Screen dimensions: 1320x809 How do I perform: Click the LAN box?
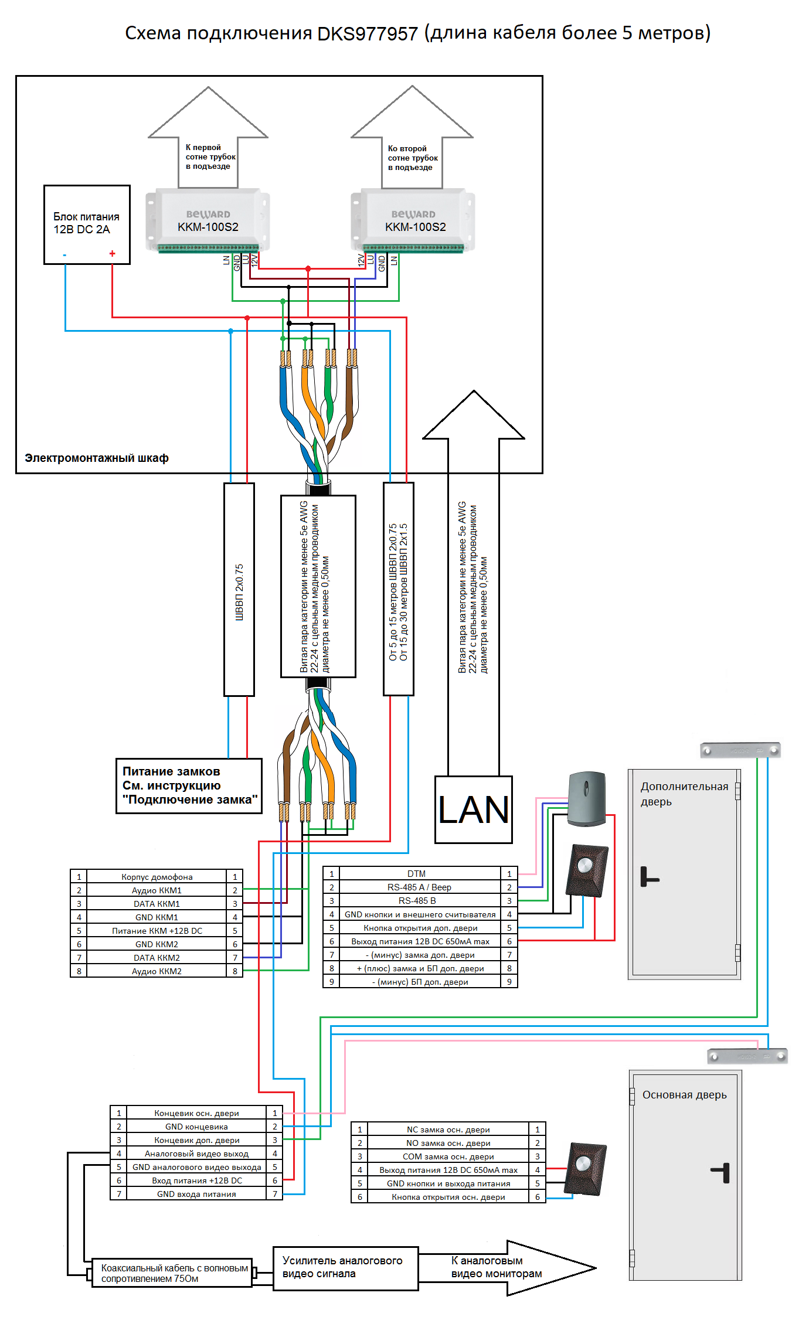pos(473,809)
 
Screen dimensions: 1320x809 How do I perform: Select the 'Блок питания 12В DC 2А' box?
pos(87,224)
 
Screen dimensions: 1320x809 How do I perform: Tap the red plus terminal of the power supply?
pos(112,254)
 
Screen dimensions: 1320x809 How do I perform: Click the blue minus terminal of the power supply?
pos(64,255)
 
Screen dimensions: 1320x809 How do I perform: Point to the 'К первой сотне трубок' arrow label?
pos(210,157)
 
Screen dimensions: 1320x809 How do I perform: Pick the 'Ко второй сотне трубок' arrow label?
pos(412,158)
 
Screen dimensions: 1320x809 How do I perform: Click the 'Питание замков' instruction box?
pos(189,786)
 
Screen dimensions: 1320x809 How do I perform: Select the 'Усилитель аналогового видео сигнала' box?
pos(345,1268)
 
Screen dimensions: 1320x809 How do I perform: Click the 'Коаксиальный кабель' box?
pos(172,1273)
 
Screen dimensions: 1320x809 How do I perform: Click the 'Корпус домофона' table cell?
pos(157,877)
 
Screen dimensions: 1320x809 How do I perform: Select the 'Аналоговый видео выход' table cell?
pos(196,1154)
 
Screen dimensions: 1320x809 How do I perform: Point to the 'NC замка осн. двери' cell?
pos(448,1130)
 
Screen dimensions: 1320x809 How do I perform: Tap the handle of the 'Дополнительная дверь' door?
pos(648,877)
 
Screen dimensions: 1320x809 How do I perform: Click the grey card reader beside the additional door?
pos(587,798)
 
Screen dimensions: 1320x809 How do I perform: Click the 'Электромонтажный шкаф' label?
pos(97,458)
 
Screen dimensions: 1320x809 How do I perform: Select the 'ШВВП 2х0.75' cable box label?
pos(239,591)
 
